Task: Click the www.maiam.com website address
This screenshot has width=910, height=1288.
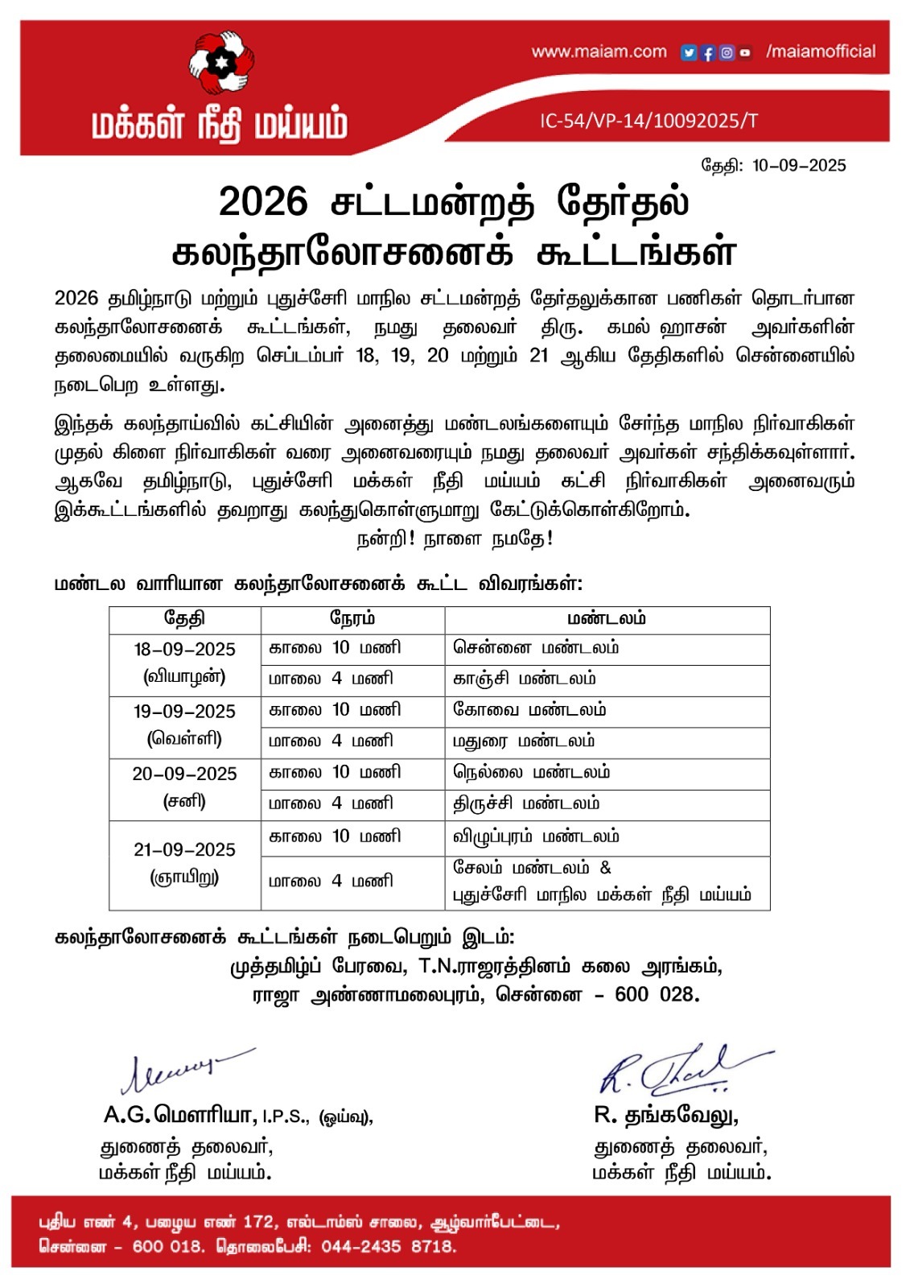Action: click(x=599, y=52)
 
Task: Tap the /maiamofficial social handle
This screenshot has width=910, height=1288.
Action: click(x=821, y=52)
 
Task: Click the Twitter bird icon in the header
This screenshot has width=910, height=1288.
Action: click(x=689, y=53)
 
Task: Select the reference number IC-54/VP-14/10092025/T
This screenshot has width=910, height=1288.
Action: click(x=649, y=122)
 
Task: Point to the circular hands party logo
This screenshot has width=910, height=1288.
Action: click(x=220, y=62)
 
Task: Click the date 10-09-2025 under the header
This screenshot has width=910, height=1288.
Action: click(x=799, y=166)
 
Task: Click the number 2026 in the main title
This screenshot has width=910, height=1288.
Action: click(x=263, y=201)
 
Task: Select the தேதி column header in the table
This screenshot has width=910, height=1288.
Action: click(x=184, y=619)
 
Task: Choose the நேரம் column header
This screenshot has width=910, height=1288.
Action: click(x=352, y=619)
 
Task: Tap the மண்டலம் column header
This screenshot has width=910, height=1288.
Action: click(x=607, y=619)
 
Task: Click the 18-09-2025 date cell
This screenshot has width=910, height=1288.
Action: click(x=184, y=650)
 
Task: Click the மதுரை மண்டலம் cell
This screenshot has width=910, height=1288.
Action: click(x=524, y=741)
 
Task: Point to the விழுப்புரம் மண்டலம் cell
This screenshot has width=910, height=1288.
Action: click(x=536, y=837)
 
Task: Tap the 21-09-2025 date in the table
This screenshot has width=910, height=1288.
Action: click(x=184, y=850)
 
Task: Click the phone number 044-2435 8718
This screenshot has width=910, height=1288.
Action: click(x=389, y=1247)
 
